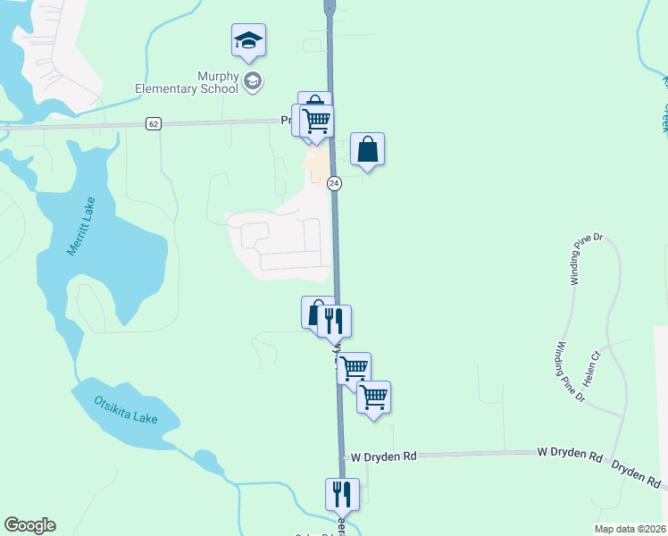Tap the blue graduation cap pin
[249, 40]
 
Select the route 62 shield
[154, 124]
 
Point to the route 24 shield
[334, 183]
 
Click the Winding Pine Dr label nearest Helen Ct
[568, 371]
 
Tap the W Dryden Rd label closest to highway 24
[384, 456]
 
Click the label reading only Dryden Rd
[636, 474]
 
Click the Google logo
[29, 525]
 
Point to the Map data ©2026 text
[630, 529]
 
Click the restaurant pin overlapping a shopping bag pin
[334, 320]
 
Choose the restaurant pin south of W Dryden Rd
[342, 493]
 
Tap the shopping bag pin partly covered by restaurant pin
[313, 312]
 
